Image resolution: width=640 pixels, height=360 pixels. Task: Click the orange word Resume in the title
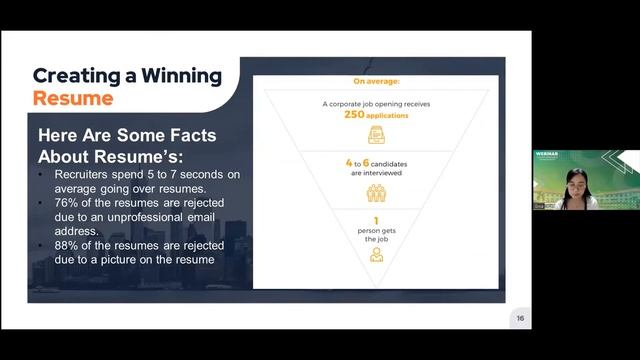[x=73, y=98]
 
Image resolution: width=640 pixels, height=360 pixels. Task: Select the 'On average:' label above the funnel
[x=376, y=81]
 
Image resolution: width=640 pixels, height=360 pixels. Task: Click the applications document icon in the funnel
[x=376, y=134]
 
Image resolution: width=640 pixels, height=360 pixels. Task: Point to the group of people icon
[x=376, y=193]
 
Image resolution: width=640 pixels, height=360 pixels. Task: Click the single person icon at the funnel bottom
[x=376, y=254]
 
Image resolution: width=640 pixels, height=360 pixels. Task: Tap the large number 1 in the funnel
[x=376, y=219]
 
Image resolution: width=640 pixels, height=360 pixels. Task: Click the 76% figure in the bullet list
[x=59, y=203]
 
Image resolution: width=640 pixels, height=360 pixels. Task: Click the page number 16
[x=520, y=318]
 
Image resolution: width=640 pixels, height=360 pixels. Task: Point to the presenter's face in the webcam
[x=576, y=183]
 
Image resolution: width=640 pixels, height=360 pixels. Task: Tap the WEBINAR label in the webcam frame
[x=546, y=156]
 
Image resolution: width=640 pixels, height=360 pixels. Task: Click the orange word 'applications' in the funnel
[x=389, y=116]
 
